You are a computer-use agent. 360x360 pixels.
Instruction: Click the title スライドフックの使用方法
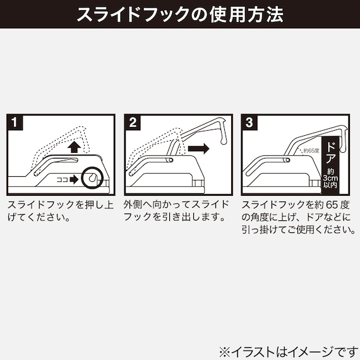[x=180, y=15]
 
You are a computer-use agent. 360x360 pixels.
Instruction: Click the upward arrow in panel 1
[x=75, y=147]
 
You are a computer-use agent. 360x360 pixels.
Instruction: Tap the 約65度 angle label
[x=311, y=150]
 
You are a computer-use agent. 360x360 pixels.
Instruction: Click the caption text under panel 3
[x=297, y=218]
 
